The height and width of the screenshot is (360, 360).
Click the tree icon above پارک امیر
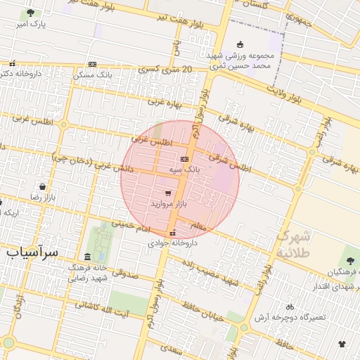pos(30,13)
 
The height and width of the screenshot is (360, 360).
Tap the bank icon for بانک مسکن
pos(92,64)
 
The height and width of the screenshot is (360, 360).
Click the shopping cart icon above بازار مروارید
pos(167,193)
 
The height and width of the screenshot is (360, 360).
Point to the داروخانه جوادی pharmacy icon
pos(173,233)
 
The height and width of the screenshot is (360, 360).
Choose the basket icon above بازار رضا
pos(44,187)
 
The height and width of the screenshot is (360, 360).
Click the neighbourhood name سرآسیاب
pos(34,251)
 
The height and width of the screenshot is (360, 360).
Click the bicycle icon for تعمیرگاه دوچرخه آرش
pos(290,307)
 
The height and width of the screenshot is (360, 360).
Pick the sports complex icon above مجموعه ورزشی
pos(240,44)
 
